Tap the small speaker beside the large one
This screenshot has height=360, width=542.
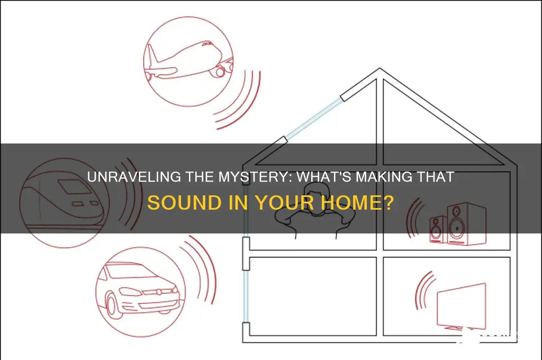point(438,229)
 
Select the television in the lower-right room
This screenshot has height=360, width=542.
point(462,305)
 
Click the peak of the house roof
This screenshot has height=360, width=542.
point(380,68)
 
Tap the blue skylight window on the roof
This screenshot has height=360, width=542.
point(313,118)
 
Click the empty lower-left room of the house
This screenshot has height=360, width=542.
point(313,296)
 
